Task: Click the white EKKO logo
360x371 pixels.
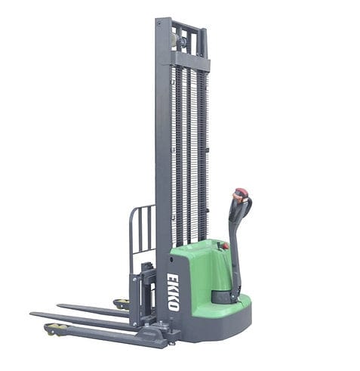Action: [174, 292]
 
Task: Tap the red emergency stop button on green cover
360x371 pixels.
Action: [224, 246]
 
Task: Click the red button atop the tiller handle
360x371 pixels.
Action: [240, 192]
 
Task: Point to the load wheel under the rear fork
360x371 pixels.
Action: [118, 305]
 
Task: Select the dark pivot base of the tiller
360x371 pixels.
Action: [227, 295]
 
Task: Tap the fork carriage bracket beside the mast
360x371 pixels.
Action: [143, 287]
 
